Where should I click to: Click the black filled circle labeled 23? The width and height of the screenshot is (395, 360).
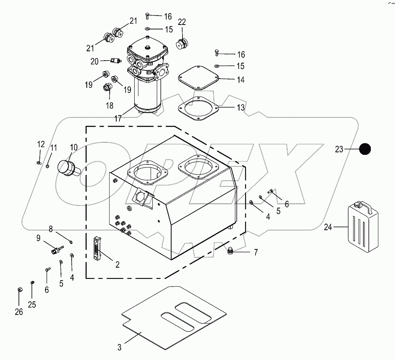tap(365, 149)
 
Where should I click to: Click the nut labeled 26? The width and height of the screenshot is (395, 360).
tap(20, 290)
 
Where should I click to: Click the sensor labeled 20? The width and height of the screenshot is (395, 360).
tap(114, 61)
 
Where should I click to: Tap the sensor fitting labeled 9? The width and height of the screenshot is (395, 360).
tap(56, 250)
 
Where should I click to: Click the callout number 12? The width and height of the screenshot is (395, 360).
tap(41, 144)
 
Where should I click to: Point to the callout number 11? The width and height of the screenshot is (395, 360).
tap(54, 147)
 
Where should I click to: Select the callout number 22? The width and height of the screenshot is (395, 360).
tap(181, 22)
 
